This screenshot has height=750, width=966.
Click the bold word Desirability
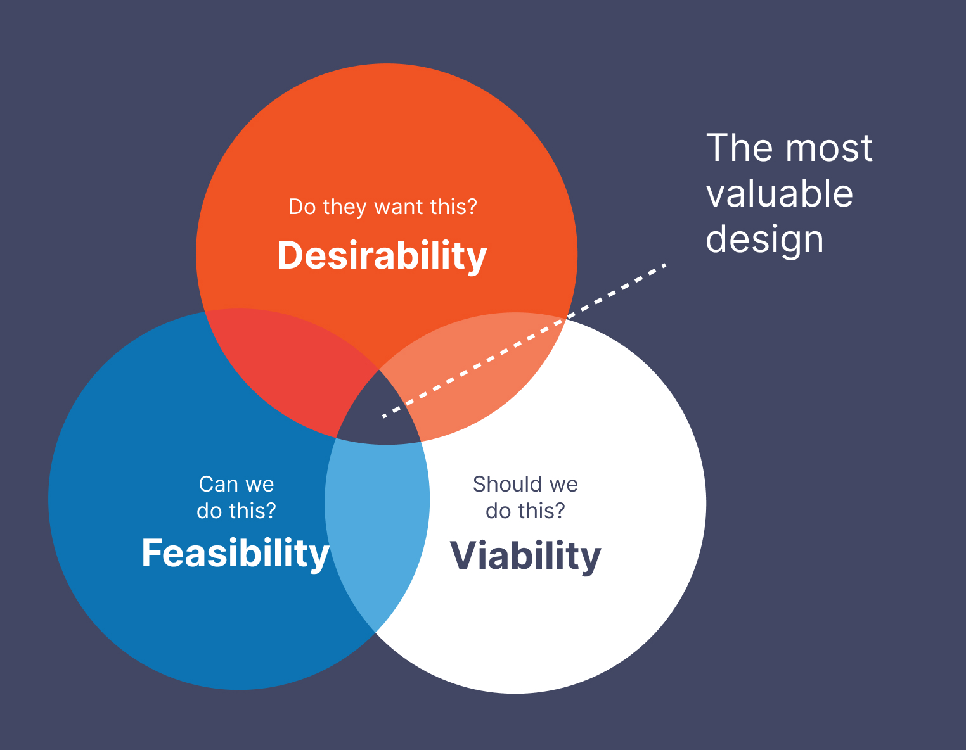(382, 256)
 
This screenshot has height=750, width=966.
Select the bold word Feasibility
(235, 554)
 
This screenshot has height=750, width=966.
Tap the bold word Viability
(525, 556)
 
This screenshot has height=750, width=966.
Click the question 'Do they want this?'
(382, 207)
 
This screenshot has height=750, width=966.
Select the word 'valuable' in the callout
(779, 194)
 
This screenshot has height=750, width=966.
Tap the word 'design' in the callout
(764, 240)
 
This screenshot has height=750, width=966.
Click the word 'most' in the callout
(828, 148)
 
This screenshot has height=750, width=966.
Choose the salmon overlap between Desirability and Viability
(482, 374)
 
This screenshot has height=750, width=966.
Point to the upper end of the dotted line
(664, 265)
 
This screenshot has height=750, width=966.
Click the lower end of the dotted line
(384, 416)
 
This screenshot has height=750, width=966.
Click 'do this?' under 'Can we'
(236, 511)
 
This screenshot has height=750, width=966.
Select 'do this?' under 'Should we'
(525, 511)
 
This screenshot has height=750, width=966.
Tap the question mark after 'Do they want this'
(472, 207)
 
